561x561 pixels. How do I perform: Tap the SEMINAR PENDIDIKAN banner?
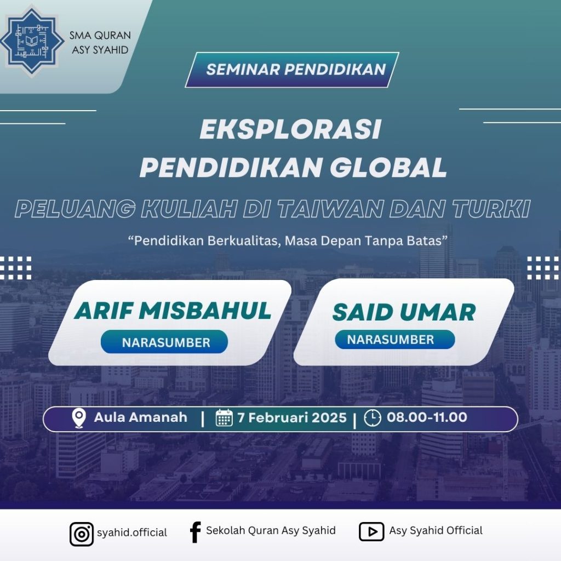[292, 70]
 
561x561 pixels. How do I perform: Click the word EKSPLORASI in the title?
[290, 129]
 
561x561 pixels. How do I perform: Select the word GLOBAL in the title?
[388, 167]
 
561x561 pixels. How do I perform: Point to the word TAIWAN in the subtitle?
[329, 209]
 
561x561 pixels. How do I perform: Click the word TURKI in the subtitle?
[490, 209]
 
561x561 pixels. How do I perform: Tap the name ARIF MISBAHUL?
[173, 311]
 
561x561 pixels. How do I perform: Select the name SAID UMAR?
[404, 312]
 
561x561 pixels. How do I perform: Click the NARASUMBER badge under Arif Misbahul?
[164, 342]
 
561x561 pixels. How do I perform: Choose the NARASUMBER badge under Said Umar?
[395, 339]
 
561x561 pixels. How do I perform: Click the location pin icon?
[79, 418]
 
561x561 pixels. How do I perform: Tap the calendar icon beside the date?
[224, 417]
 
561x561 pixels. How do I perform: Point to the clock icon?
[373, 417]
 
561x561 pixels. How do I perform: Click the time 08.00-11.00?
[427, 417]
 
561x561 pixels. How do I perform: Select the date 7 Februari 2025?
[292, 417]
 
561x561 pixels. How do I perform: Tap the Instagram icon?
[82, 534]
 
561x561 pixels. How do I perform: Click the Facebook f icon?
[196, 533]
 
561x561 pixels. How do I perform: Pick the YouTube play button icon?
[371, 531]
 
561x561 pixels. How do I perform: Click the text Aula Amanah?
[141, 417]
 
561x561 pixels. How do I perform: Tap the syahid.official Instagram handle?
[132, 533]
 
